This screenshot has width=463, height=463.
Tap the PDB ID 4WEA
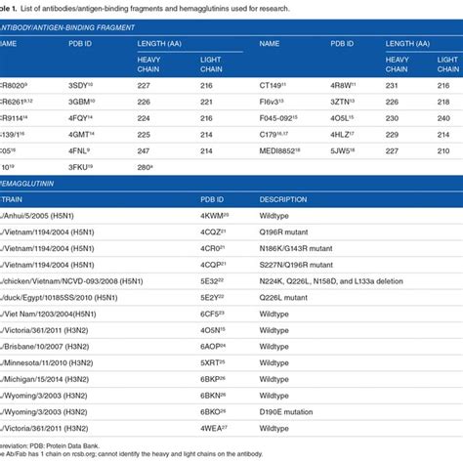click(x=215, y=436)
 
